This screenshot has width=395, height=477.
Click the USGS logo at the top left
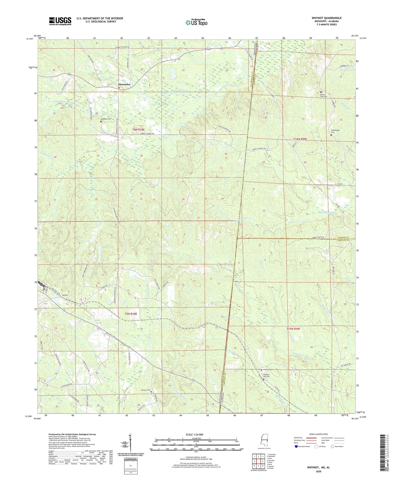coord(60,21)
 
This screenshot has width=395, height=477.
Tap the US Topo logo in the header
coord(196,23)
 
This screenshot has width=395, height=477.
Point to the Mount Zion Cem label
coord(323,95)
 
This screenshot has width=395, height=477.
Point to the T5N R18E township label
coord(131,314)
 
